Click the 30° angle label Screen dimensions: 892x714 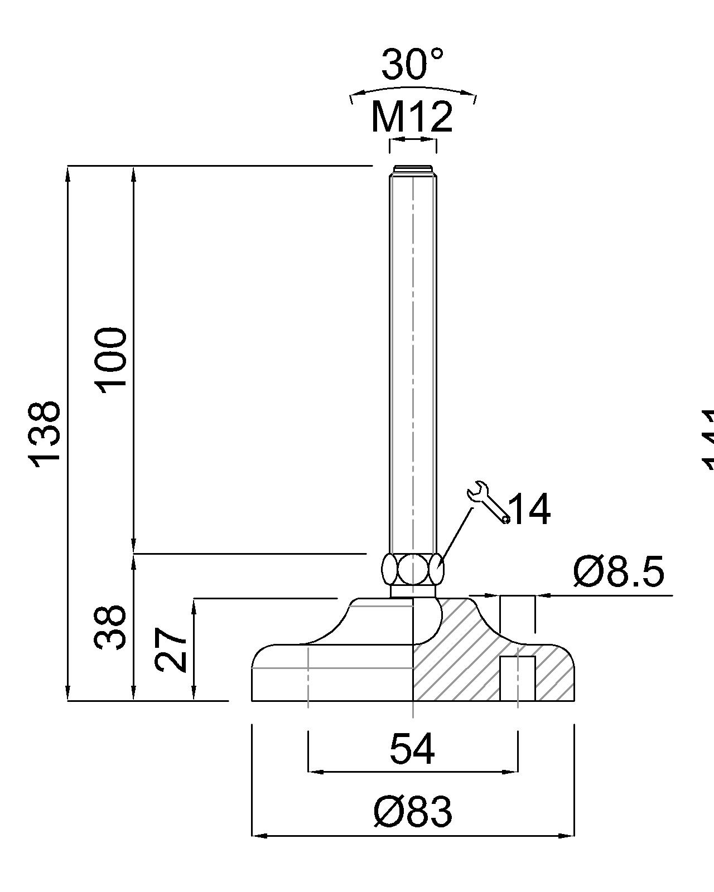point(412,64)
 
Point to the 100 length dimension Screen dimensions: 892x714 point(110,360)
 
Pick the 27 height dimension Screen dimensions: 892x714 point(171,649)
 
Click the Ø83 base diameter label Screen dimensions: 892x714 point(412,811)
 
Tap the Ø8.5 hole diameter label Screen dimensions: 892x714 point(619,572)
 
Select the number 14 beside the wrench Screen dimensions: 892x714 point(530,508)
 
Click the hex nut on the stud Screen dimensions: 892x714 point(412,569)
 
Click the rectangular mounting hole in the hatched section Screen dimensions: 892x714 point(517,678)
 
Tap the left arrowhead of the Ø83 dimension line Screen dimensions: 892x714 point(259,835)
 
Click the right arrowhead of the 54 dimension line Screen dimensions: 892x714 point(511,772)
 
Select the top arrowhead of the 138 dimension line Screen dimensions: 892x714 point(68,173)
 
